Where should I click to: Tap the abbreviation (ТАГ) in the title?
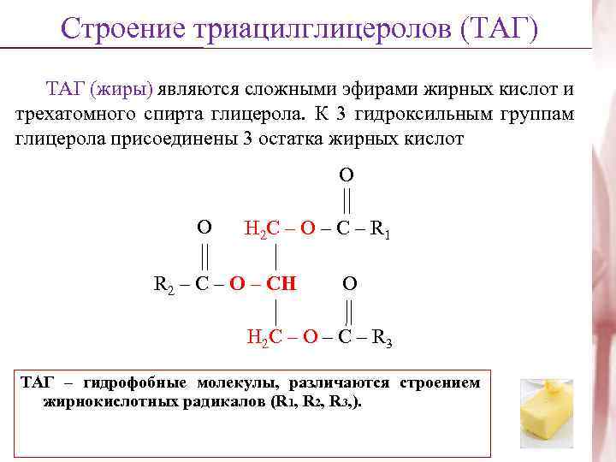tap(499, 27)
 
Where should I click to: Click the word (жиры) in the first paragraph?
tap(123, 89)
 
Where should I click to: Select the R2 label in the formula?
tap(163, 283)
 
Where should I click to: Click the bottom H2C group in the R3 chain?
tap(261, 338)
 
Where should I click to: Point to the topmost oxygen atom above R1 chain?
tap(346, 175)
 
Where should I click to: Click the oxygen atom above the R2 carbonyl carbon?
tap(204, 228)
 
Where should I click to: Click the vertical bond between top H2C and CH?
tap(275, 256)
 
